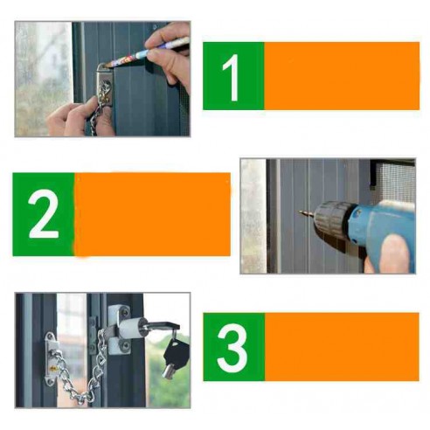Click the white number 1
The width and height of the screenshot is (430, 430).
(x=232, y=76)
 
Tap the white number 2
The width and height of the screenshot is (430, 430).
(x=43, y=214)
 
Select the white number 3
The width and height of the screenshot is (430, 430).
(x=232, y=347)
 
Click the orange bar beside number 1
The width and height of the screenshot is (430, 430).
(x=341, y=76)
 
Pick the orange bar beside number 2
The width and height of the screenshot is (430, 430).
(x=153, y=214)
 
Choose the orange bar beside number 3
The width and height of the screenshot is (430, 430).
(x=341, y=347)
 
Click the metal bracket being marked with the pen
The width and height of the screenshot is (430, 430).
(x=104, y=90)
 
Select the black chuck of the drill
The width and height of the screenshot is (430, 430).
(x=331, y=219)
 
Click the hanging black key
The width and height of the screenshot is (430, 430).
(x=176, y=354)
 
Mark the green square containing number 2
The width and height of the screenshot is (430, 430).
(x=43, y=214)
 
